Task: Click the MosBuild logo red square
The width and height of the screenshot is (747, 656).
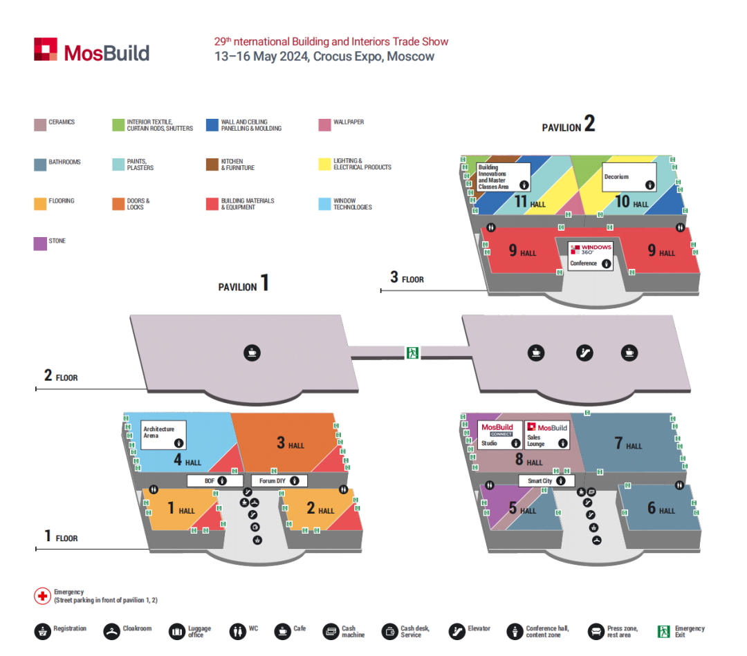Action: (x=45, y=49)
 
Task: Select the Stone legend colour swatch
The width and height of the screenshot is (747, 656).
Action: (x=40, y=243)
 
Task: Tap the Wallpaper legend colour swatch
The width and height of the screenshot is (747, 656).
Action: (x=324, y=124)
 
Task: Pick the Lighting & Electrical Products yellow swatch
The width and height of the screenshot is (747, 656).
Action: (x=324, y=164)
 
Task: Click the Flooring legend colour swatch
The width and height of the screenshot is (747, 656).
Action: (x=40, y=203)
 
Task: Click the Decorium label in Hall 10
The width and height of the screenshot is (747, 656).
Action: (x=629, y=177)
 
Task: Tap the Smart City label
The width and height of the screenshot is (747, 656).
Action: (x=546, y=480)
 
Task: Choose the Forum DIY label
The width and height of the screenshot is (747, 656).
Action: (x=279, y=480)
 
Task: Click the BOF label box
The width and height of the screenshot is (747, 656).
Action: (x=215, y=480)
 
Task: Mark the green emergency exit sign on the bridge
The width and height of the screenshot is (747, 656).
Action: (x=412, y=353)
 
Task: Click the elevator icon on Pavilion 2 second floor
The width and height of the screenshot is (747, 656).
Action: (x=585, y=353)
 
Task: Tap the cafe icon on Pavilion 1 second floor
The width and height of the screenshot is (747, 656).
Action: (x=252, y=353)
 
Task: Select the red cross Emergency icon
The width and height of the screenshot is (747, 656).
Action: (x=42, y=596)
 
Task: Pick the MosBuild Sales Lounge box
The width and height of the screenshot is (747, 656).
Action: (x=547, y=435)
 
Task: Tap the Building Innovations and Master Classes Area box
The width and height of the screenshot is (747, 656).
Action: (x=503, y=177)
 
